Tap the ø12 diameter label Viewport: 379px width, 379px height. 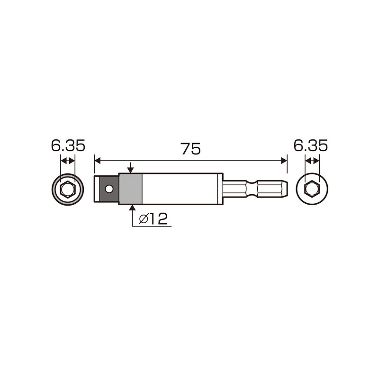point(152,219)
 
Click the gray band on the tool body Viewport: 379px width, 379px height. point(130,189)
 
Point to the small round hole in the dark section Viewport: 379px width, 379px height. point(109,189)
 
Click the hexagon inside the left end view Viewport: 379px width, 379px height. point(68,189)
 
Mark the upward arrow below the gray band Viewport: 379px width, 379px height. point(130,208)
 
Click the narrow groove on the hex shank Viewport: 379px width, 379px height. point(247,189)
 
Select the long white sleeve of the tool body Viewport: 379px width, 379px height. point(180,189)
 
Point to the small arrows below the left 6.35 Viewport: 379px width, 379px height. point(68,161)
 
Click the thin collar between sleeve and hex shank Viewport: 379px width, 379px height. point(221,189)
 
